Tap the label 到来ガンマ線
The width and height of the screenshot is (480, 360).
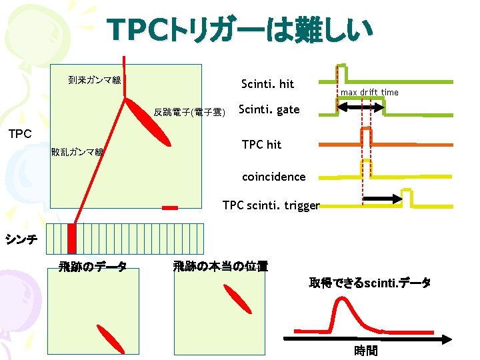[x=94, y=81]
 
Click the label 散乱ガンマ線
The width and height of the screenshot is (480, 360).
[x=77, y=152]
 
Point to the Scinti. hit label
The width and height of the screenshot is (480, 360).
[x=267, y=84]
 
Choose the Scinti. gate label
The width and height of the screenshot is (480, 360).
[x=269, y=110]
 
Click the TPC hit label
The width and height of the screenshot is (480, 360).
[x=261, y=145]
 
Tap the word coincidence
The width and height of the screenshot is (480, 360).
[x=273, y=177]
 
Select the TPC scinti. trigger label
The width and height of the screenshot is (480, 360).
[x=271, y=206]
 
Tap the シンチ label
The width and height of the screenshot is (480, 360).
[x=21, y=237]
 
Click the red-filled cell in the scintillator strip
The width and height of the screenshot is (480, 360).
[x=72, y=238]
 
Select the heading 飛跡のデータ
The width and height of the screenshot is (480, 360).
[x=93, y=267]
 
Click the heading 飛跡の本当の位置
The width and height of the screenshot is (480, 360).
[x=220, y=267]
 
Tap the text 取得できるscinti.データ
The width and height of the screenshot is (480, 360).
[x=369, y=283]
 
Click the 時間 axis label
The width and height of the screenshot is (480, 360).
[x=365, y=351]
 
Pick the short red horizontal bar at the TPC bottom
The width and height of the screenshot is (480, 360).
[x=170, y=208]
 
